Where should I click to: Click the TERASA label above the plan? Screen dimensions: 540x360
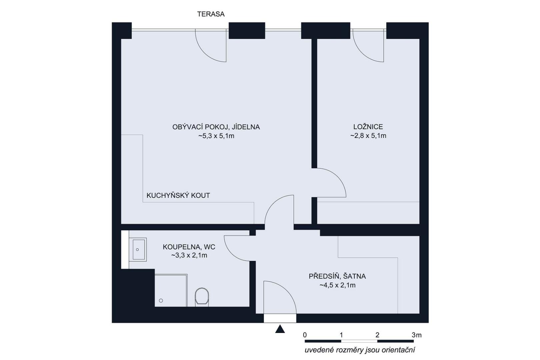click(211, 14)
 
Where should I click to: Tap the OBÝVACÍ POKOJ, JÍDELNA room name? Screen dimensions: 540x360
click(216, 127)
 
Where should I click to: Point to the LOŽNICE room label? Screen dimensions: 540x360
click(368, 127)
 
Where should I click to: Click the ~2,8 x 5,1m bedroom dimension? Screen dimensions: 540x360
click(368, 136)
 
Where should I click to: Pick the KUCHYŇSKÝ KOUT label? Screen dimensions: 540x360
click(178, 195)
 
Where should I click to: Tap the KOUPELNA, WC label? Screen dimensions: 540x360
click(189, 247)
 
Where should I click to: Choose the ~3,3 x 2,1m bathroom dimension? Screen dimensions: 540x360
click(189, 255)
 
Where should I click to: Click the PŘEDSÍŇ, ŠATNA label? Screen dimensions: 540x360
click(337, 276)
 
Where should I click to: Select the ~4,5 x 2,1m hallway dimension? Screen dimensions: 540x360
click(337, 285)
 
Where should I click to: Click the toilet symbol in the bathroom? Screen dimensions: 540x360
click(202, 297)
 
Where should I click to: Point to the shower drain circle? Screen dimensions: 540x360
click(161, 300)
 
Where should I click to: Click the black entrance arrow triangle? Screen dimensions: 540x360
click(280, 329)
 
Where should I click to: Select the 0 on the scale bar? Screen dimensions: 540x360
click(305, 335)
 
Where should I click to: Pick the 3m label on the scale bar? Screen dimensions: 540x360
click(417, 335)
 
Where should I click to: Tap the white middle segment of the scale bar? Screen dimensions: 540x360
click(359, 341)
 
